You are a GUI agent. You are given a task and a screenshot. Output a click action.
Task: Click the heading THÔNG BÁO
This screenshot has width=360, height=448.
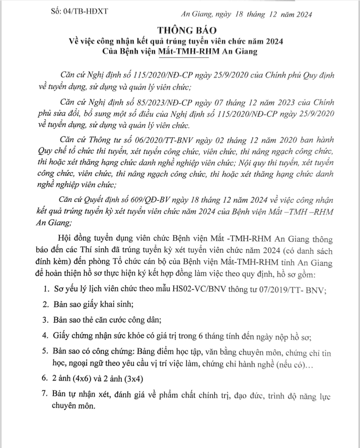(179, 29)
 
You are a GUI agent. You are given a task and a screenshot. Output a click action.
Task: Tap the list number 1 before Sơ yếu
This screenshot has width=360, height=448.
(45, 289)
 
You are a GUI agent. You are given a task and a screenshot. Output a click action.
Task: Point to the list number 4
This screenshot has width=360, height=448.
(45, 335)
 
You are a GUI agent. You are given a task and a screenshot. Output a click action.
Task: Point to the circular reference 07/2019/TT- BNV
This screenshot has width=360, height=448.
(292, 289)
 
